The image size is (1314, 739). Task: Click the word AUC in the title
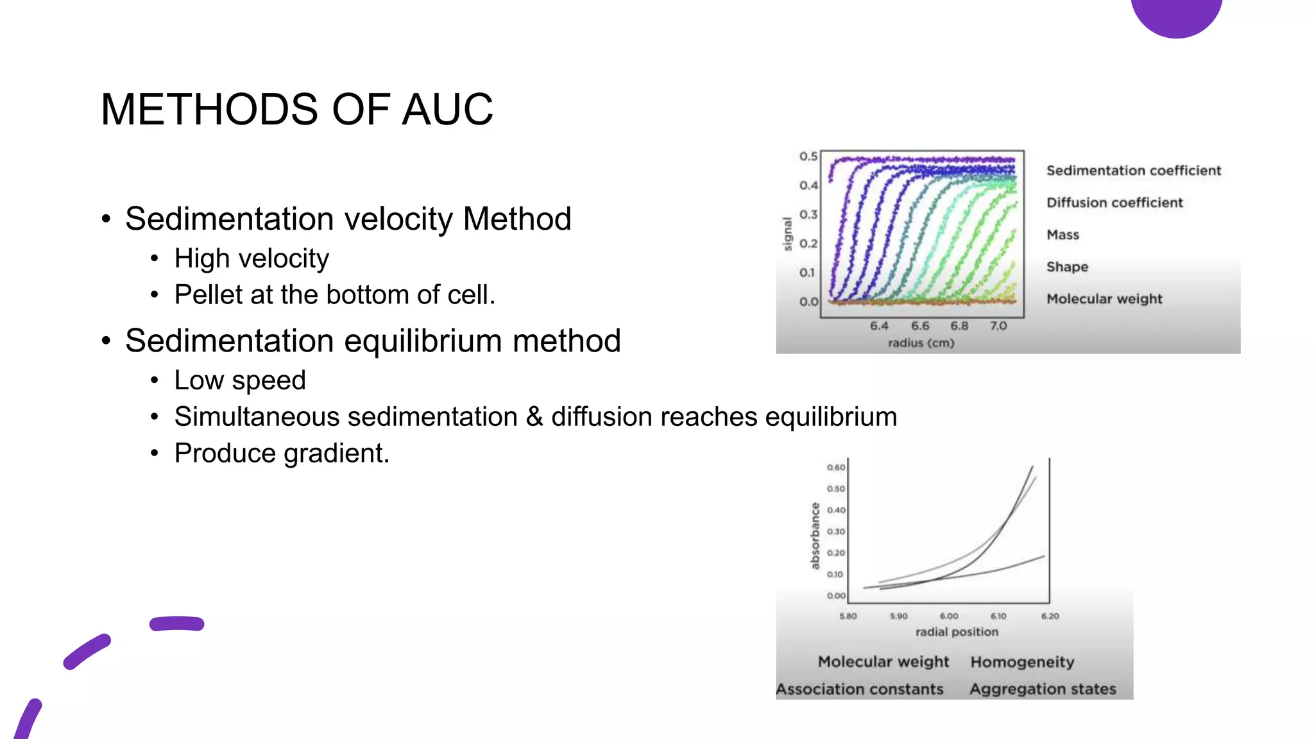tap(447, 109)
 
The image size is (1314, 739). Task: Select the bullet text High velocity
tap(252, 259)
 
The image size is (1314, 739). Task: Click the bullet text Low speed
tap(240, 380)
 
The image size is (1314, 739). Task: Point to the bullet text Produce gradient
tap(282, 454)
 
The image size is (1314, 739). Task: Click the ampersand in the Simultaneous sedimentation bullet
tap(534, 417)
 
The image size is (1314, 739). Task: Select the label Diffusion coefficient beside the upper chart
tap(1114, 203)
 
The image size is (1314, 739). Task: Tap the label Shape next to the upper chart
tap(1067, 267)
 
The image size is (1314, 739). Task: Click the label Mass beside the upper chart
tap(1062, 235)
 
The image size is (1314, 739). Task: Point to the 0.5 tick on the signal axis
tap(808, 157)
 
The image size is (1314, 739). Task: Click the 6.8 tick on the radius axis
tap(959, 326)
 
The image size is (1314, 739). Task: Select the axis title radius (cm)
tap(921, 343)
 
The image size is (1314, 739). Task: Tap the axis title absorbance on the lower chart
tap(815, 536)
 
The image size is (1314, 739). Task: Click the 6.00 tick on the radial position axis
tap(949, 616)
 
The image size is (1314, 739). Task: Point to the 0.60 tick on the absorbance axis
tap(835, 467)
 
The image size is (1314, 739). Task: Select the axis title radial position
tap(957, 632)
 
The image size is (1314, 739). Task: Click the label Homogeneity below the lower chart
tap(1022, 662)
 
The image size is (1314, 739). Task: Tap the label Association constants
tap(860, 690)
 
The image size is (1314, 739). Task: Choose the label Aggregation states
tap(1043, 690)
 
